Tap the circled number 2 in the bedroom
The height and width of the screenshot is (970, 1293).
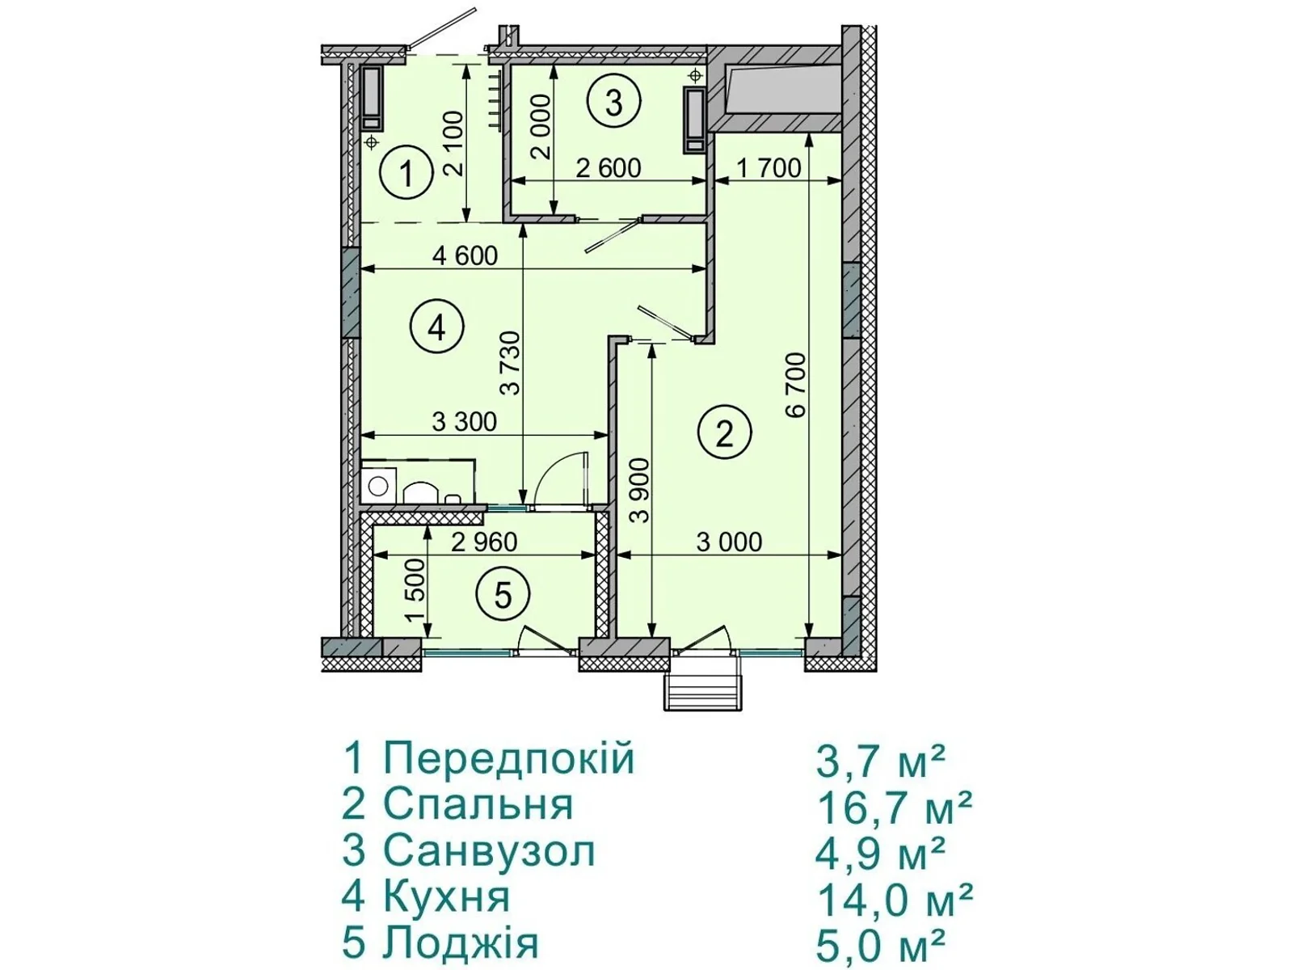tap(724, 434)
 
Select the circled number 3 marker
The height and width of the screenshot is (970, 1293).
tap(614, 103)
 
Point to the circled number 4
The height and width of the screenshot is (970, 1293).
tap(436, 328)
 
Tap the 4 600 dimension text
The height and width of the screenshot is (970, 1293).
tap(465, 255)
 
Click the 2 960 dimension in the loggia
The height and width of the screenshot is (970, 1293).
tap(484, 542)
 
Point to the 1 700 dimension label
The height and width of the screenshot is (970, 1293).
tap(769, 168)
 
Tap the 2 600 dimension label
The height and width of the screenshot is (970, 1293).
tap(609, 168)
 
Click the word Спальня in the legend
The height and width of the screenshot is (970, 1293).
tap(478, 805)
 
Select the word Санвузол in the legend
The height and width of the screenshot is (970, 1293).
tap(490, 851)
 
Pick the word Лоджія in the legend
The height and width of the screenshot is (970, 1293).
tap(461, 943)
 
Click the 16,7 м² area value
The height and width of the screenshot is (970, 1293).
tap(894, 808)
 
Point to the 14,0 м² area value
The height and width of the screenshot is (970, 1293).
tap(895, 900)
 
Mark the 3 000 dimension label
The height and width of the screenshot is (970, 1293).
tap(729, 542)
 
